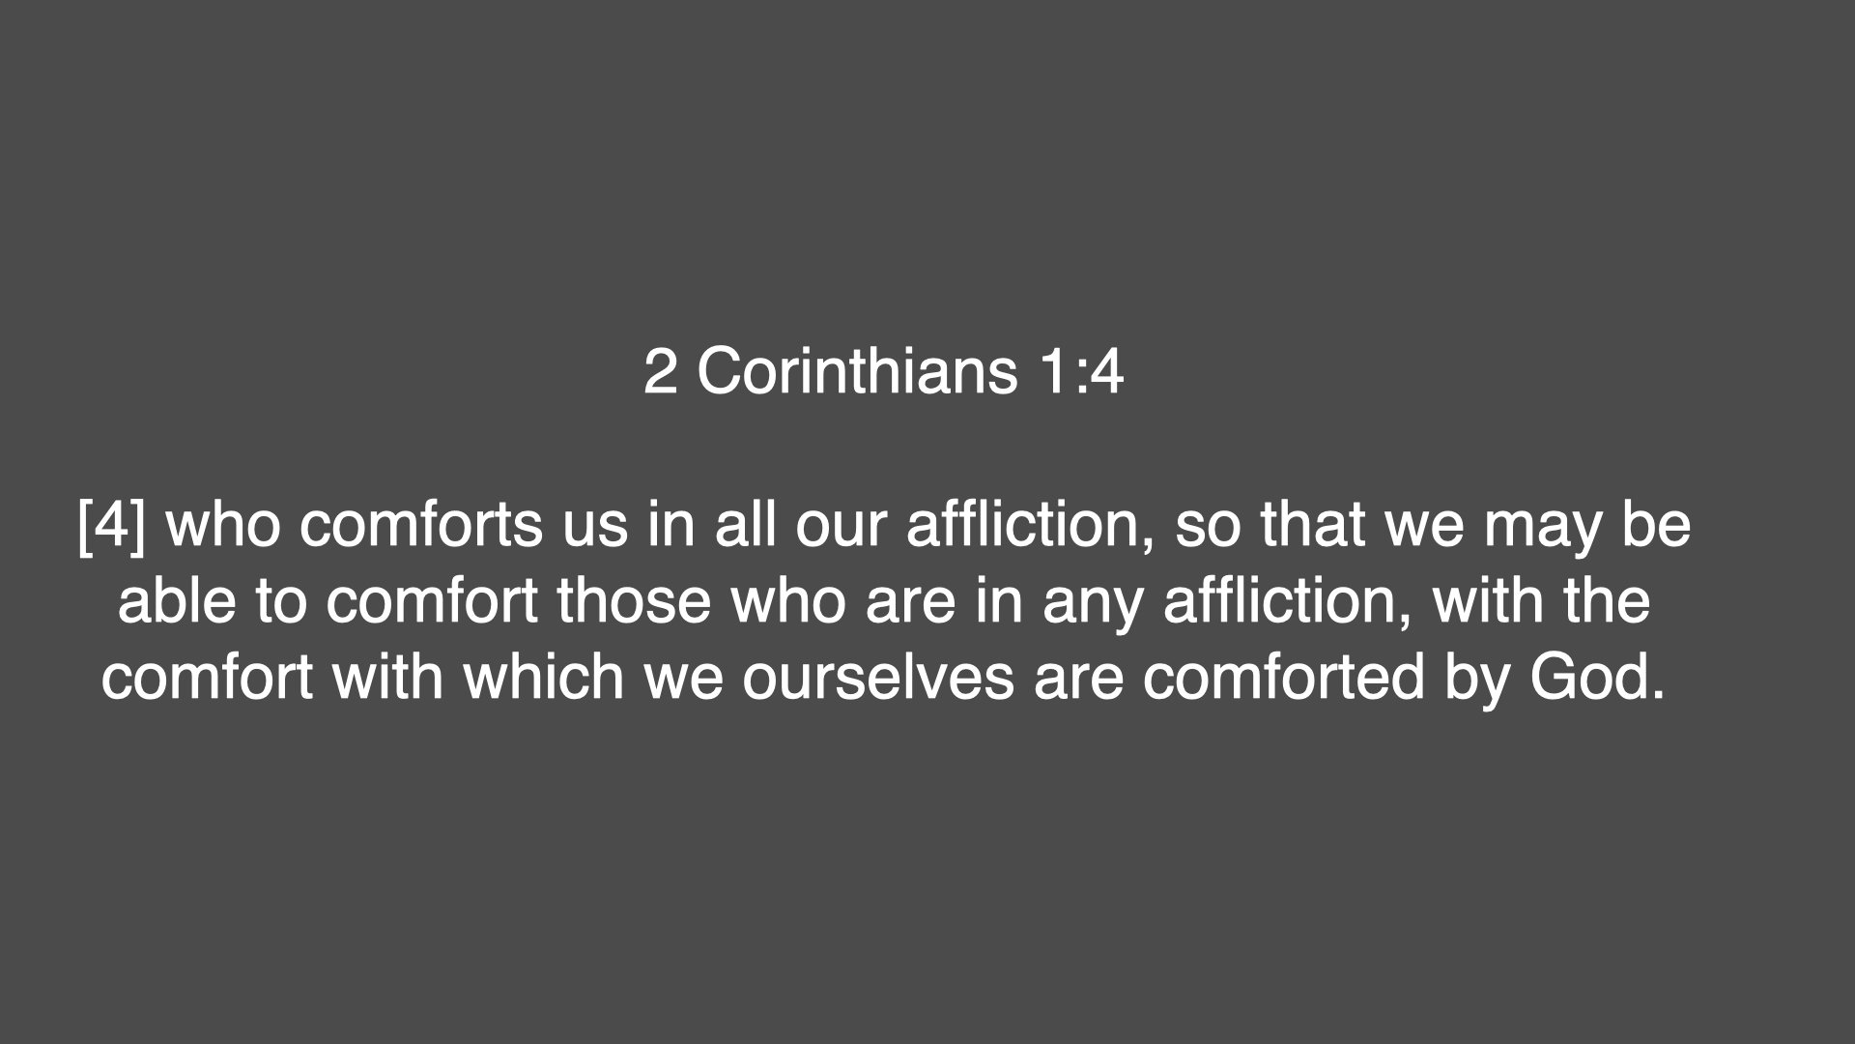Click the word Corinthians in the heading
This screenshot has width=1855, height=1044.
[x=857, y=371]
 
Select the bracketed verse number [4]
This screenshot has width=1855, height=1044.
[x=111, y=525]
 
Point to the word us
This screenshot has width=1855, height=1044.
[x=595, y=525]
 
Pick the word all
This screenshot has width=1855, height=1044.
[x=746, y=525]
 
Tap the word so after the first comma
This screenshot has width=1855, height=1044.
[x=1207, y=525]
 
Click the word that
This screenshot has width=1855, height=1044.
[x=1313, y=525]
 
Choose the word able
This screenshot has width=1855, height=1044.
[x=177, y=601]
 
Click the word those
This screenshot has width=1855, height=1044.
[x=634, y=601]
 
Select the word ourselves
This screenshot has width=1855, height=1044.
[x=878, y=677]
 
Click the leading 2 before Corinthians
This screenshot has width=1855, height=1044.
[x=660, y=371]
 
